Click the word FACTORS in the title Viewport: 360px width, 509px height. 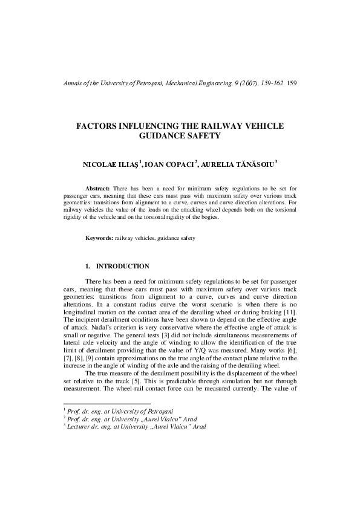click(98, 126)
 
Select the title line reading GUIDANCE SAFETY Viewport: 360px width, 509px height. click(180, 137)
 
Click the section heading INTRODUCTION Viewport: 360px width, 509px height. click(123, 266)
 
